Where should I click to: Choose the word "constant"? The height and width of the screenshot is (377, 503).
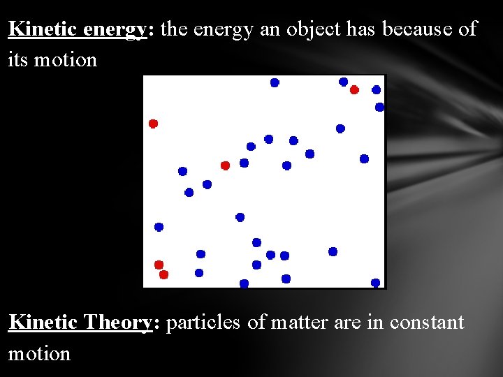[427, 323]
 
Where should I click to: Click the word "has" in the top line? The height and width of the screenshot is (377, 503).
[363, 29]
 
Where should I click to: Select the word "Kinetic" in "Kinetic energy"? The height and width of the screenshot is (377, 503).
[43, 29]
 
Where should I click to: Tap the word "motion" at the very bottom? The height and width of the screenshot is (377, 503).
[39, 353]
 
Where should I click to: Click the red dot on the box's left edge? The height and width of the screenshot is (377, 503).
[154, 124]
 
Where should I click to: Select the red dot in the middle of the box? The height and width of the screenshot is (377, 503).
[225, 165]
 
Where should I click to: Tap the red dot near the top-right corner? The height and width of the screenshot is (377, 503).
[354, 89]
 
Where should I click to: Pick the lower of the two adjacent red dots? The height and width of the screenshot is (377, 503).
[163, 274]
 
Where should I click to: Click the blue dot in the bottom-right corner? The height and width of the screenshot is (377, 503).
[375, 283]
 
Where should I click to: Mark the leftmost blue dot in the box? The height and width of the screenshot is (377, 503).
[159, 227]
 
